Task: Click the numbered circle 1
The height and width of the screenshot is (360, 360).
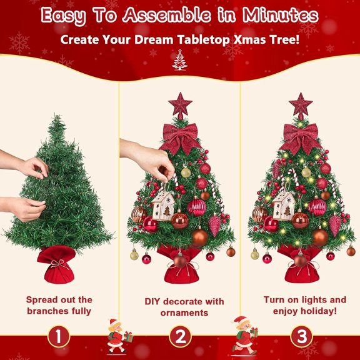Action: tap(59, 337)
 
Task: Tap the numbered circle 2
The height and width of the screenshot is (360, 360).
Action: tap(180, 337)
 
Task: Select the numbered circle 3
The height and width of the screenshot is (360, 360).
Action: tap(301, 337)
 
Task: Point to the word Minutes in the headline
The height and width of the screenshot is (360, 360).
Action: tap(284, 16)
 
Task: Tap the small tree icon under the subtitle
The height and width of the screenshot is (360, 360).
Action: tap(180, 60)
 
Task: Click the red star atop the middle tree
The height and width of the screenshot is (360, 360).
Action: tap(180, 104)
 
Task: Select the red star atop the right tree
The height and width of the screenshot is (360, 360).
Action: tap(301, 104)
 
